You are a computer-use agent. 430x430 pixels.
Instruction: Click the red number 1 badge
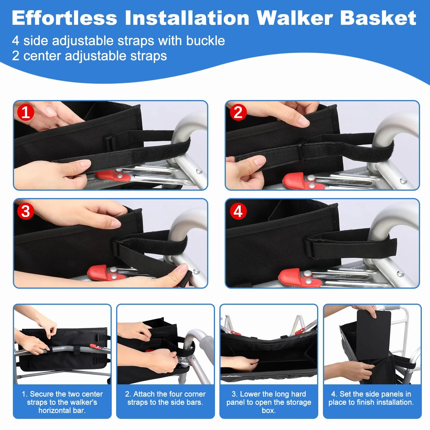tap(25, 112)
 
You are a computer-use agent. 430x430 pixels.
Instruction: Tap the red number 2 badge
tap(238, 112)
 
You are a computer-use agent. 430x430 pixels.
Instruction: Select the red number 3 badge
tap(25, 211)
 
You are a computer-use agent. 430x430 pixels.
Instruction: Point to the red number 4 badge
tap(238, 211)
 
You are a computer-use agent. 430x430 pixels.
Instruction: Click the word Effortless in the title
tap(64, 18)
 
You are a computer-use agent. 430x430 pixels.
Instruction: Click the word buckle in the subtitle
tap(205, 41)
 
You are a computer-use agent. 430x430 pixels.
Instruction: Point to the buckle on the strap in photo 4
tap(309, 248)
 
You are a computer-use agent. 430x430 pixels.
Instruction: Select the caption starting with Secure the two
tap(62, 402)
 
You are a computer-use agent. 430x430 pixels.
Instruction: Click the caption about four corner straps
tap(165, 398)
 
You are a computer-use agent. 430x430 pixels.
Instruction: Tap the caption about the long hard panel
tap(269, 402)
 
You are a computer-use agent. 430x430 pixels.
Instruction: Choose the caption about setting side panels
tap(371, 398)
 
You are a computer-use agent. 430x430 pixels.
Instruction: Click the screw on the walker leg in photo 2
tap(402, 181)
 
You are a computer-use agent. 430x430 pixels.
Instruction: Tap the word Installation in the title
tap(187, 18)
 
